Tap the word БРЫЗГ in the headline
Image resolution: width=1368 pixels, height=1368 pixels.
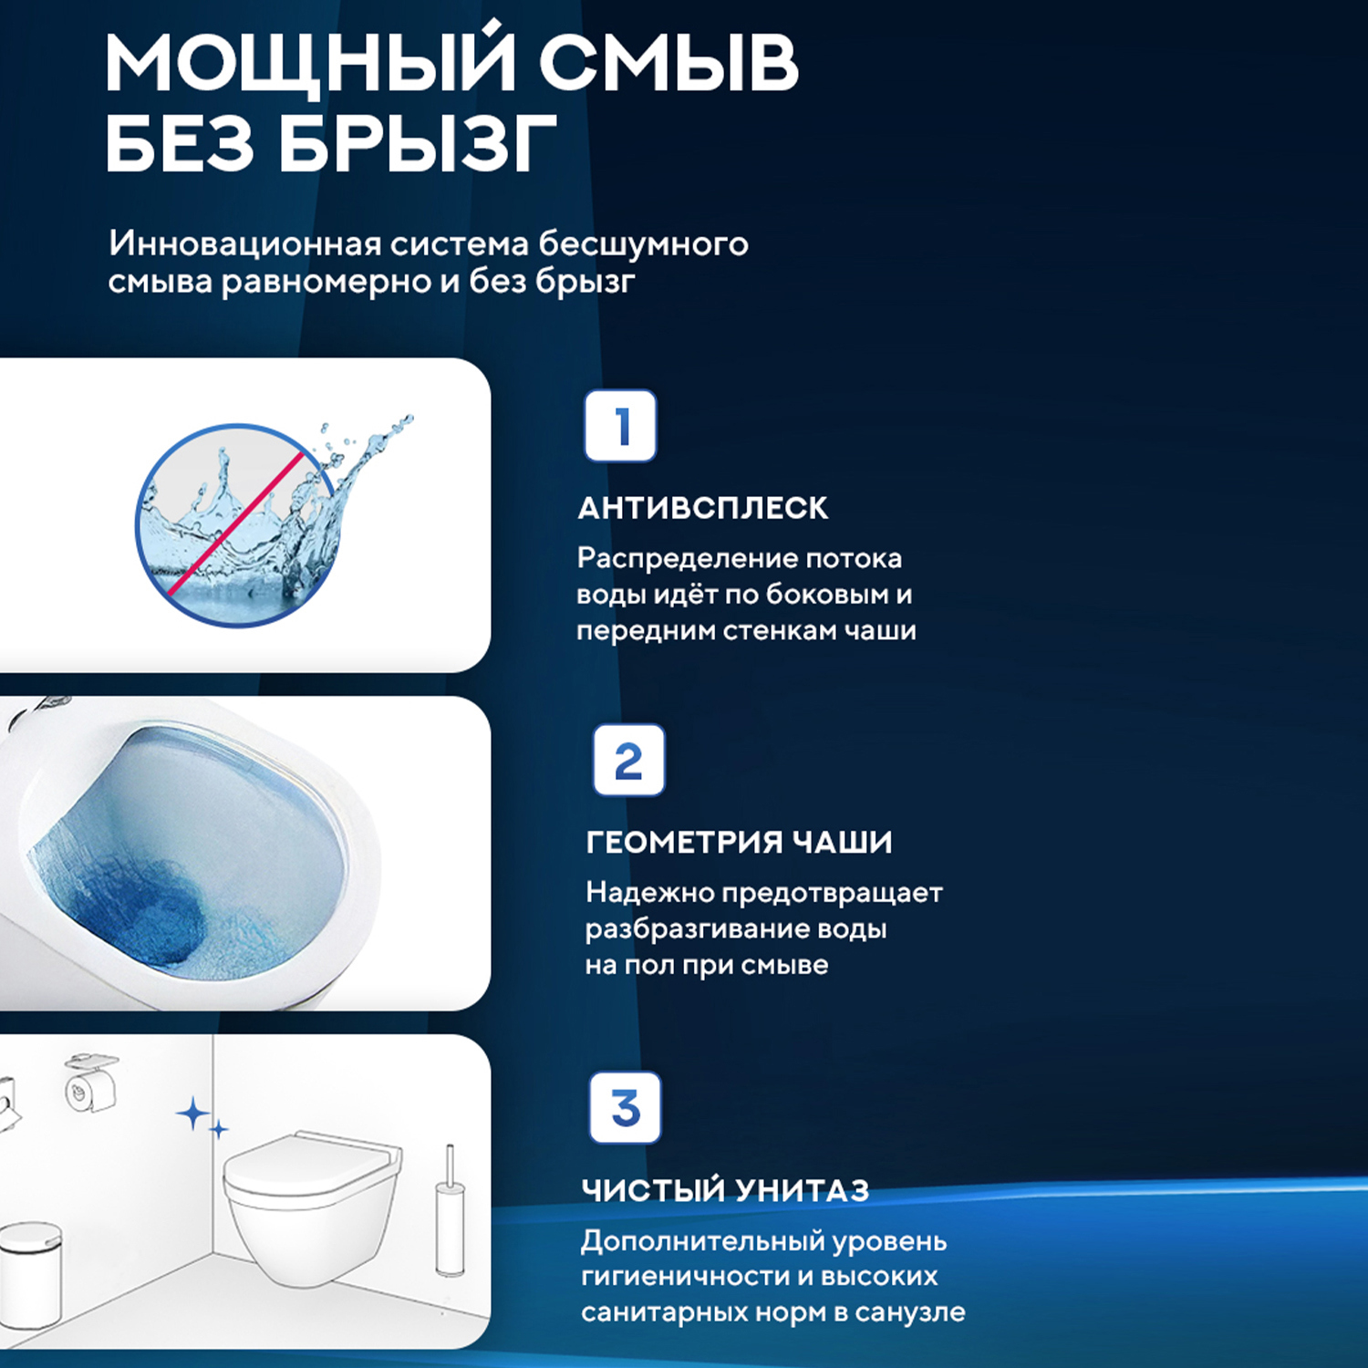[x=418, y=144]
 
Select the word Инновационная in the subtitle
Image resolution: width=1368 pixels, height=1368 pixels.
[x=244, y=244]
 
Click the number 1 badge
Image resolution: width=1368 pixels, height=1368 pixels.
[x=620, y=426]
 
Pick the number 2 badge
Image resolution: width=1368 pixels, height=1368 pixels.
[x=628, y=761]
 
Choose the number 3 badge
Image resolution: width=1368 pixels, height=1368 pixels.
[x=625, y=1108]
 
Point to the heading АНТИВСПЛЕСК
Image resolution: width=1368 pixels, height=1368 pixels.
[x=702, y=508]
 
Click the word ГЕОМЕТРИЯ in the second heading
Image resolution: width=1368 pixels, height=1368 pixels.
[x=682, y=842]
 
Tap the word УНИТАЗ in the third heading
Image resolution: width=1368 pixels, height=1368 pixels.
[x=802, y=1190]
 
